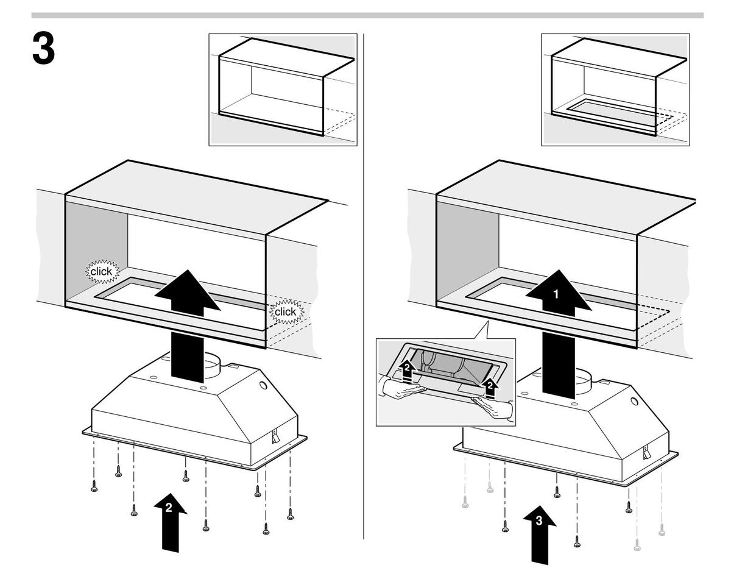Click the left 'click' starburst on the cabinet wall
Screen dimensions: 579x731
102,271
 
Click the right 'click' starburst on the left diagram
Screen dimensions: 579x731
285,312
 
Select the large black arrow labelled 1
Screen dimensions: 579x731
559,295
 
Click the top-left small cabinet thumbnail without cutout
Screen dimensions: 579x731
282,90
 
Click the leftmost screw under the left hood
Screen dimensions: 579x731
94,488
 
